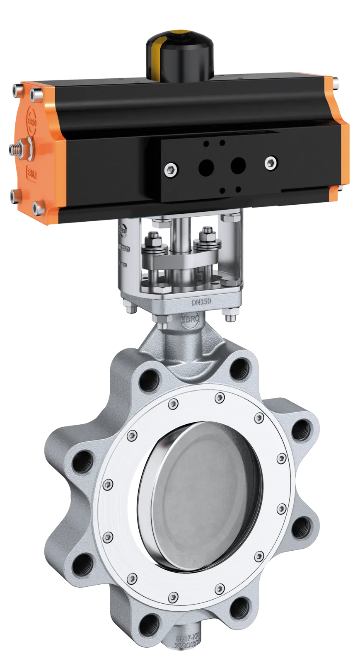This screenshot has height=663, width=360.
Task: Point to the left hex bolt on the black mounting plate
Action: coord(171,169)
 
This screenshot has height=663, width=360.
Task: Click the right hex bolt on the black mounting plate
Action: coord(271,161)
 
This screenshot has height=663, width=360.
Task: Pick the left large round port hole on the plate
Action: coord(205,167)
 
